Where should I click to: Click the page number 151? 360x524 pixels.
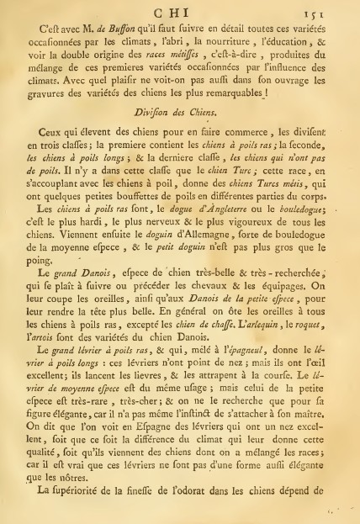tap(334, 8)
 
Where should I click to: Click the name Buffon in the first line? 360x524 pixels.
tap(108, 25)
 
